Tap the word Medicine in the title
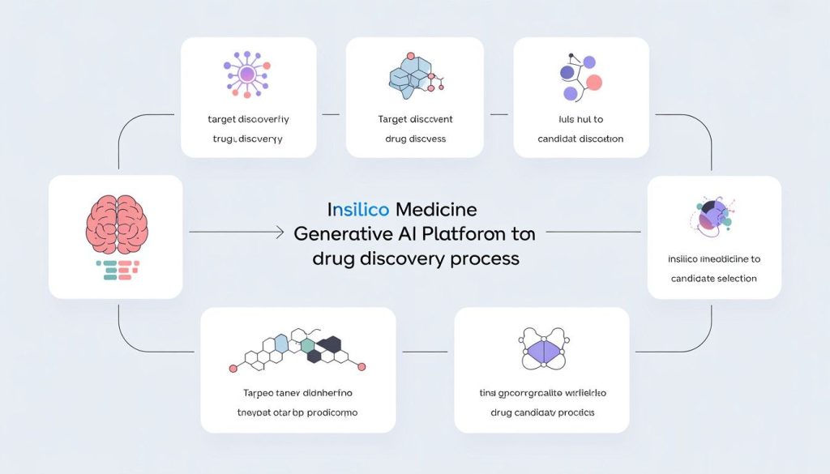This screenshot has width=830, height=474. tap(436, 209)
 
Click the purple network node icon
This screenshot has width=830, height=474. tap(248, 75)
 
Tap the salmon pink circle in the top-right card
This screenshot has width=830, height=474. tap(594, 81)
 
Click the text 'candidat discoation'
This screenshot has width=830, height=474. tap(580, 139)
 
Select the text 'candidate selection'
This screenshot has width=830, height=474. tap(713, 278)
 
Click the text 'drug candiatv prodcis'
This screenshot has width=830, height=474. tap(542, 412)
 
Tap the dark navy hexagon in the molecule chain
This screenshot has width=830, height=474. tap(329, 346)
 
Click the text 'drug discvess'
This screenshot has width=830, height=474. tap(416, 139)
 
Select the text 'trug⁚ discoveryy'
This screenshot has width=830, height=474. tap(248, 139)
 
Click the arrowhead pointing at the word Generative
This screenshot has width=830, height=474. tap(284, 233)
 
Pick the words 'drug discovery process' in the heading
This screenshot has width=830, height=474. tap(415, 259)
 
